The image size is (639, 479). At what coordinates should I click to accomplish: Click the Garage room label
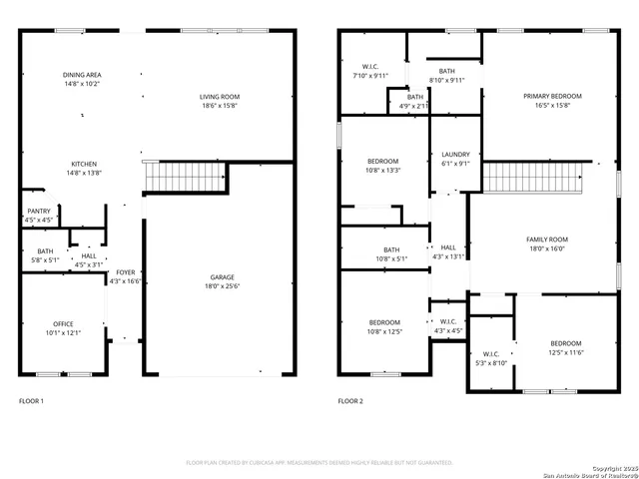(x=222, y=277)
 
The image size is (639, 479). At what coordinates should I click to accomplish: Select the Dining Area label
(x=82, y=75)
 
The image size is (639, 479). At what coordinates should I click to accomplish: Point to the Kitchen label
(x=83, y=165)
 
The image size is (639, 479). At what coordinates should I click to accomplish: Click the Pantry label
(x=38, y=211)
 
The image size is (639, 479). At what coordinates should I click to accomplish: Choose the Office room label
(x=63, y=324)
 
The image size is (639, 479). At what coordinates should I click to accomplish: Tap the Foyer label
(x=125, y=272)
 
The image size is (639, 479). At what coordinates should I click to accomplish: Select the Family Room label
(x=546, y=239)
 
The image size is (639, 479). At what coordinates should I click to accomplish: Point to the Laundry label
(x=455, y=155)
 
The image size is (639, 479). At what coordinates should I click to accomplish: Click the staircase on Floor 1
(x=173, y=177)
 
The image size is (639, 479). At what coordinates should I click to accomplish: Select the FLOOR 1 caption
(x=32, y=400)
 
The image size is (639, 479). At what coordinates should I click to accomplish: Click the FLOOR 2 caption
(x=349, y=400)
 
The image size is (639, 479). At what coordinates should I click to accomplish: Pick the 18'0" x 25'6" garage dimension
(x=222, y=286)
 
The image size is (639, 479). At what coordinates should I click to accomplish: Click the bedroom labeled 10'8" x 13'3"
(x=383, y=166)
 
